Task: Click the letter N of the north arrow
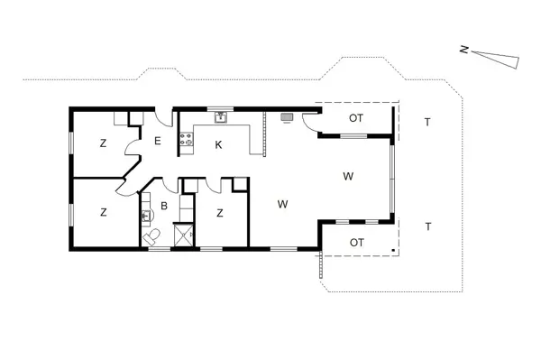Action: [463, 51]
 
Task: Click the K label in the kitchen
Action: [218, 144]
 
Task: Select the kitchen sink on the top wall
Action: [220, 116]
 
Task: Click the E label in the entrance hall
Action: [157, 140]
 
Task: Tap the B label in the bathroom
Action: [164, 206]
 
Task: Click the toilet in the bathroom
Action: [153, 236]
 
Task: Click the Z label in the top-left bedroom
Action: [104, 143]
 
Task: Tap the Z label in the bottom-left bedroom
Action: [104, 213]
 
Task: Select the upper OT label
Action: [356, 119]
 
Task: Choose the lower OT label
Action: [356, 242]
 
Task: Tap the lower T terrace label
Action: [427, 226]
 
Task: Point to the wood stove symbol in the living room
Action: [288, 116]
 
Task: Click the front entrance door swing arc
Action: [163, 119]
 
